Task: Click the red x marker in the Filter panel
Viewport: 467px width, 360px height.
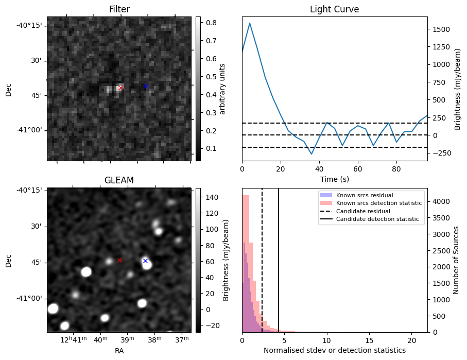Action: click(120, 88)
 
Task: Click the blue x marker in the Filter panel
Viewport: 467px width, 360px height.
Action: click(146, 86)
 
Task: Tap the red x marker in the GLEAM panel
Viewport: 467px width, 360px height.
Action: click(119, 260)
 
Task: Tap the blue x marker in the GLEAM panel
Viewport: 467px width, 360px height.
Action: click(145, 261)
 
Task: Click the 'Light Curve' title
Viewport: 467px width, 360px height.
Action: click(334, 9)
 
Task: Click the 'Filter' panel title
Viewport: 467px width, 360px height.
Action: click(119, 9)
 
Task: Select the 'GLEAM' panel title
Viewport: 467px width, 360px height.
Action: click(119, 180)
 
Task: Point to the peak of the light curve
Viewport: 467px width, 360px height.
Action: click(250, 23)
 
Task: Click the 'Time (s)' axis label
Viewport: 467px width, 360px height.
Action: click(334, 178)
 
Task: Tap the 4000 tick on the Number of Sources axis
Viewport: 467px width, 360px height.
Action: click(440, 201)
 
